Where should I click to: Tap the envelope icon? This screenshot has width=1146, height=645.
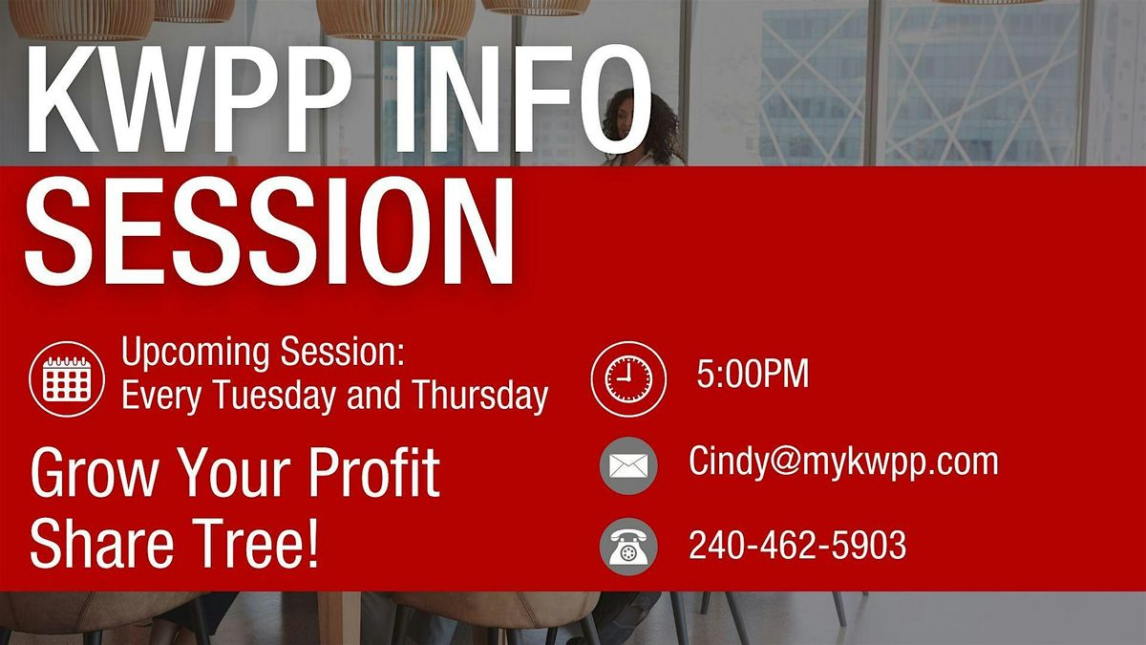point(628,466)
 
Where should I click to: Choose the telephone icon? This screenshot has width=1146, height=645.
point(628,547)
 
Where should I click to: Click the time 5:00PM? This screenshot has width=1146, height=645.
point(753,376)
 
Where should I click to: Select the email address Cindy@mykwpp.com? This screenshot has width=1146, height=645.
point(843,462)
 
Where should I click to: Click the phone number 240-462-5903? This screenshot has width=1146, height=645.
point(797,546)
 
